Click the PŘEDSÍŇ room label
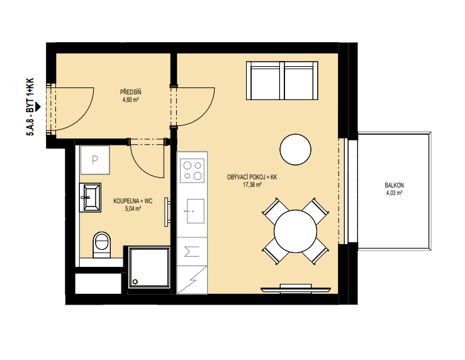click(130, 92)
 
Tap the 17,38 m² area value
click(252, 185)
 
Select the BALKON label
click(394, 185)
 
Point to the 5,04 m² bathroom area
click(133, 209)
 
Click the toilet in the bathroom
click(102, 245)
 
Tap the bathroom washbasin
click(90, 198)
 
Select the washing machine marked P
click(95, 160)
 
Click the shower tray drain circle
click(135, 281)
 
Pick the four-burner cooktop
click(192, 171)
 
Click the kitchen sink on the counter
click(196, 211)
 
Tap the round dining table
click(295, 232)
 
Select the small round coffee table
click(295, 149)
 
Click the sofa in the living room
click(282, 81)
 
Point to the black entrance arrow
click(38, 107)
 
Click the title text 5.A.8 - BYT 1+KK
click(30, 107)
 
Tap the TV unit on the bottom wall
click(296, 288)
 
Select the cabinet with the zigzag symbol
click(192, 280)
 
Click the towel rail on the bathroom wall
click(167, 212)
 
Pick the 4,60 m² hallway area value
click(131, 99)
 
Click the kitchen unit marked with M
click(192, 252)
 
